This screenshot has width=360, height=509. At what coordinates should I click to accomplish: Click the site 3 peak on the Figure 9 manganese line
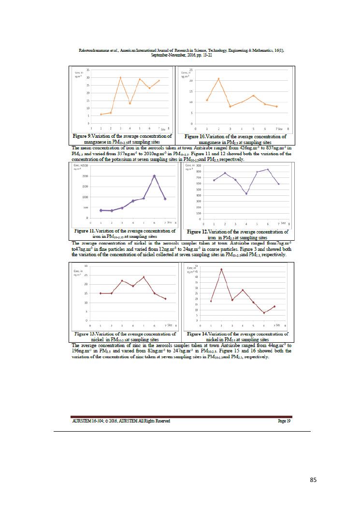point(120,77)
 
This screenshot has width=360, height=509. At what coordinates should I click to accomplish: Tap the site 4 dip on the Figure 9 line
point(130,103)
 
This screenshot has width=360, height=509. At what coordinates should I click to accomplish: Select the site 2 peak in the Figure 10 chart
point(218,78)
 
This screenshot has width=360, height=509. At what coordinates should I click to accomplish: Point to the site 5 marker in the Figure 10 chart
point(253,95)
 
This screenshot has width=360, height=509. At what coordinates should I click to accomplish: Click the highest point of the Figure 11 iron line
point(154,176)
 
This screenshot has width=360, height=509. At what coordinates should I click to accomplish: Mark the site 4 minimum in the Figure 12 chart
point(246,194)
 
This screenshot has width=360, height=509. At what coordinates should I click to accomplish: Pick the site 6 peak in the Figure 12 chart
point(268,169)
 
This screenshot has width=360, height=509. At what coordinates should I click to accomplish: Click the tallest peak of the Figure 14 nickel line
point(221,269)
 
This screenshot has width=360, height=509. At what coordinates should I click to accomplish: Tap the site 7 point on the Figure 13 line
point(165,299)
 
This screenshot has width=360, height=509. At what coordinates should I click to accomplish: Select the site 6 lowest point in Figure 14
point(264,313)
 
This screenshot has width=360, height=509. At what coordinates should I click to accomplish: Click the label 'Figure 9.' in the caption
point(84,137)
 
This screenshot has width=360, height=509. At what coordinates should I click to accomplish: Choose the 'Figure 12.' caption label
point(198,232)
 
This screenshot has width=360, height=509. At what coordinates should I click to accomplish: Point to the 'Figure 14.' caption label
point(198,334)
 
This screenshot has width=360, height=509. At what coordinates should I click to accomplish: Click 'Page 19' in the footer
point(284,421)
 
